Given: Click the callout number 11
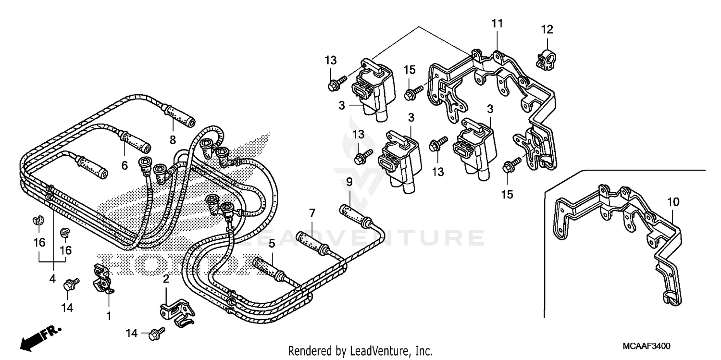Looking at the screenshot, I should pos(497,23).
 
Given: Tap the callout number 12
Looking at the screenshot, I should pos(547,30).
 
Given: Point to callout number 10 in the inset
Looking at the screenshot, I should pos(673,202).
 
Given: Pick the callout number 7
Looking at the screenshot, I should pos(311,212).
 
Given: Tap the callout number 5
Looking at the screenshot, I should pos(272,244).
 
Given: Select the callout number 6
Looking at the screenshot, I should pos(124,166).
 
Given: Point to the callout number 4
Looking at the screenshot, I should pos(52,278).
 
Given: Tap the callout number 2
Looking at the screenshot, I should pos(166,278).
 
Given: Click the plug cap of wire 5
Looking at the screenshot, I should pos(264,267).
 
